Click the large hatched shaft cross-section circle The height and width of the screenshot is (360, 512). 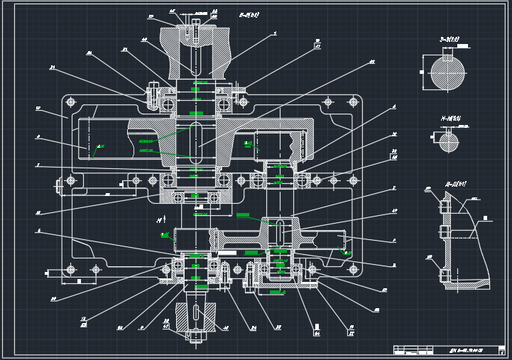tap(448, 72)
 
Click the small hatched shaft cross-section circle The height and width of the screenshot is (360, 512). tap(449, 142)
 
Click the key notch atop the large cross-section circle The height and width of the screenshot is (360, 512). tap(448, 57)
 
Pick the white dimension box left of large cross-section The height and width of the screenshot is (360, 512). tap(424, 72)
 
